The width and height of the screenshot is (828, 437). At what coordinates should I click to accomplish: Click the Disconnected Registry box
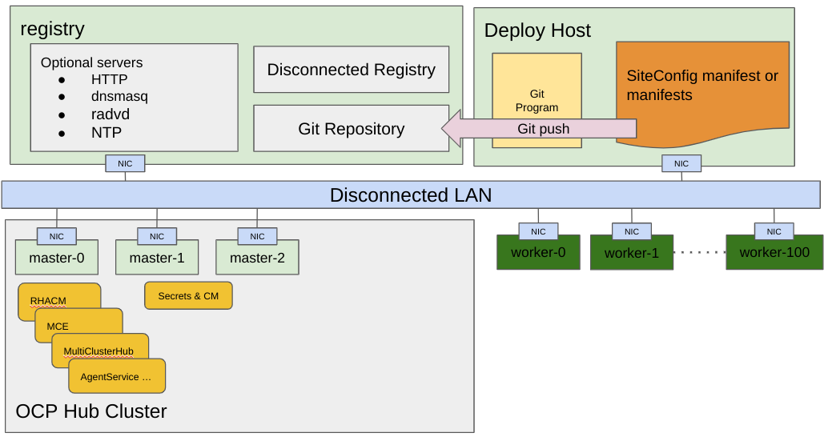click(351, 70)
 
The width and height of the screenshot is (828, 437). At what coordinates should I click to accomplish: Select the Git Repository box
click(351, 129)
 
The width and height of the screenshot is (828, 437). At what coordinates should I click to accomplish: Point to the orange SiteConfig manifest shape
click(702, 86)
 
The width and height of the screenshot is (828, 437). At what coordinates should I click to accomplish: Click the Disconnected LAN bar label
click(410, 195)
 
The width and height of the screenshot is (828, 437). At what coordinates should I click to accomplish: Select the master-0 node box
click(56, 259)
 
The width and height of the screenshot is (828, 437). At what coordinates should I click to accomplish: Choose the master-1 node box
click(157, 259)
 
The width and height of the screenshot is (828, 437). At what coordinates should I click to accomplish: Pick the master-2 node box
click(257, 259)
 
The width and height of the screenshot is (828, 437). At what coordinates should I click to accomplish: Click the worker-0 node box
click(538, 253)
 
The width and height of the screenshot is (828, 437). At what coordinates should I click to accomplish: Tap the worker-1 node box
click(631, 254)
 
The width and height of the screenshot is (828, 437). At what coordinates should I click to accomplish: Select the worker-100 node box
click(774, 253)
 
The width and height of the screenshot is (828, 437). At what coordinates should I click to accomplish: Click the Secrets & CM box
click(188, 296)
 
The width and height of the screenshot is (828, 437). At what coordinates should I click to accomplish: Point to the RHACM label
click(48, 301)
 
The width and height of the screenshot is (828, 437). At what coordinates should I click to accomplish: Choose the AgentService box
click(117, 376)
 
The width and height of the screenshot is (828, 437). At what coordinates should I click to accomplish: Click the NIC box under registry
click(125, 163)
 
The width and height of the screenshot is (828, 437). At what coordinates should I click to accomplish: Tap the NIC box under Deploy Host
click(681, 163)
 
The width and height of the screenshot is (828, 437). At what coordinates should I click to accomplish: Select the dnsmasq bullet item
click(119, 97)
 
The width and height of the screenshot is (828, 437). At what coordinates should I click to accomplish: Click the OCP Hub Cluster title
click(91, 412)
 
